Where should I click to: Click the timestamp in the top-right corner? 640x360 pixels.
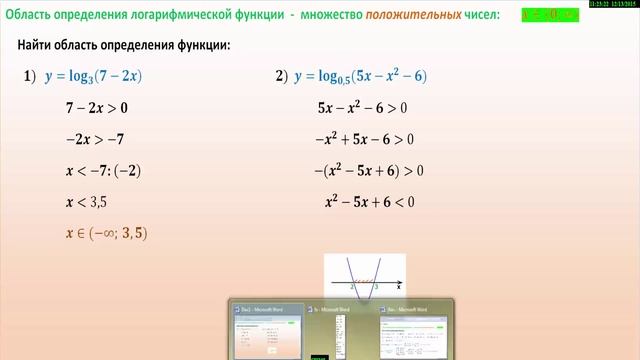click(x=613, y=5)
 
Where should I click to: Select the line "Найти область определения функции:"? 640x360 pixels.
click(x=124, y=46)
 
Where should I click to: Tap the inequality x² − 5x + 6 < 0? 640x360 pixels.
click(x=369, y=202)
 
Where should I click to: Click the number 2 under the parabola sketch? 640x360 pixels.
click(x=352, y=286)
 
